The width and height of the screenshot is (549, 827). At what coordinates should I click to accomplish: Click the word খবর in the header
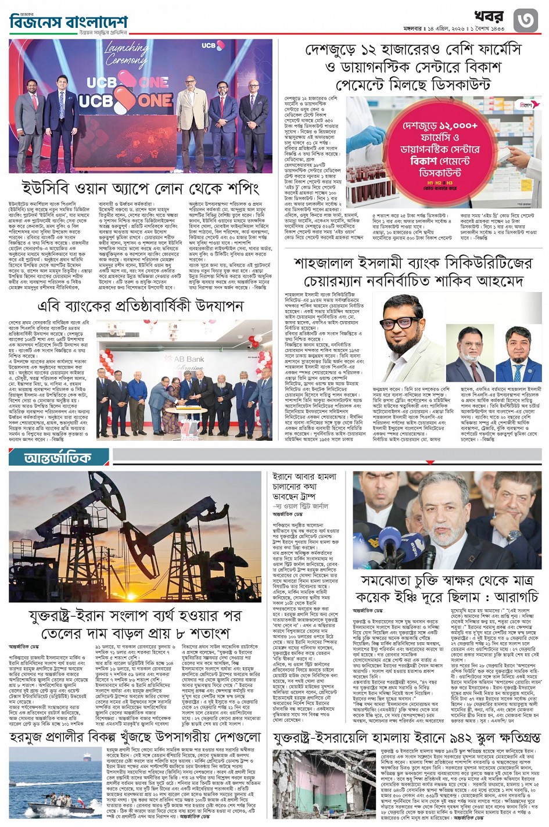tap(489, 16)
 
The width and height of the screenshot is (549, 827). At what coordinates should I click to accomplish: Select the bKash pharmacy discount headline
tap(412, 67)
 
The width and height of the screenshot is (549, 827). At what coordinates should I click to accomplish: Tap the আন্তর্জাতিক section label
tap(58, 458)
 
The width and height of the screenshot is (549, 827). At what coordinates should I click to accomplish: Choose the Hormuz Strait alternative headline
tap(135, 737)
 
